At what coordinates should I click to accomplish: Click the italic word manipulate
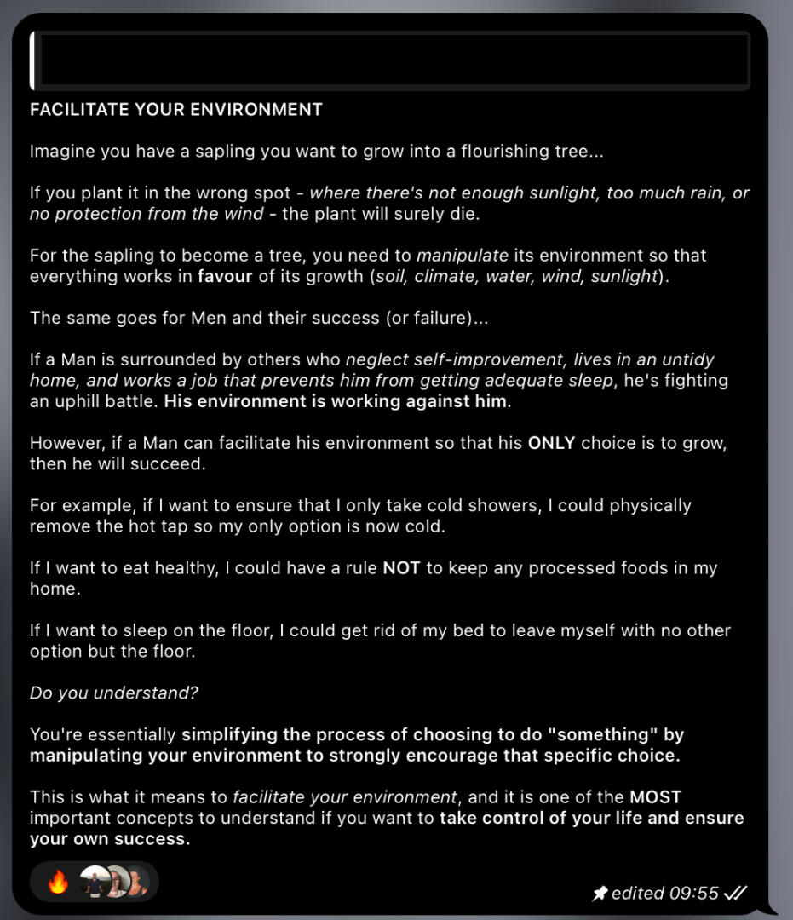[x=463, y=256]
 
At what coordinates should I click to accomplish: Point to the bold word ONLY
[x=552, y=443]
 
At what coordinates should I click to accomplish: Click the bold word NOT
[x=401, y=568]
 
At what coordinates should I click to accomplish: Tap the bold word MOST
[x=656, y=797]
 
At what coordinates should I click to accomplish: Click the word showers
[x=509, y=505]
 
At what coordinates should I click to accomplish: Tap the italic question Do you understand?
[x=113, y=693]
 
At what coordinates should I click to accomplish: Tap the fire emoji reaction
[x=58, y=883]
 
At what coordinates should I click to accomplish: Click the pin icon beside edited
[x=600, y=893]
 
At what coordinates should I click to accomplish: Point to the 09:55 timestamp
[x=694, y=893]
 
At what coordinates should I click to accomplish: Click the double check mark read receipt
[x=736, y=893]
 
